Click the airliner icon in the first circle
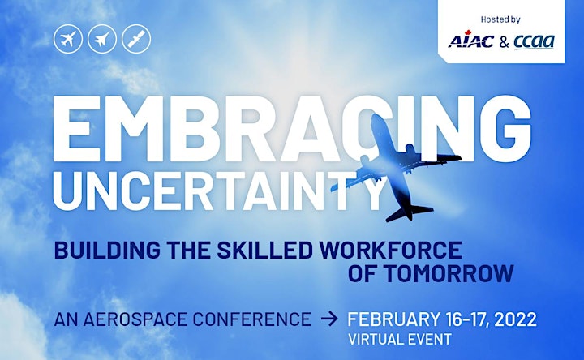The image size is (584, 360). (x=68, y=39)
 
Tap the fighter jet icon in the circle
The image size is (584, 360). (x=102, y=39)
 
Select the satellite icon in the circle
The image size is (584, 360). (x=136, y=39)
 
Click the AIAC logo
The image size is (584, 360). (x=471, y=41)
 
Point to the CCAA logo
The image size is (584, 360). (x=534, y=41)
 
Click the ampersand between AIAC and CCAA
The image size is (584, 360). (x=504, y=42)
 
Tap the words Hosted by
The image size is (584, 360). (x=500, y=19)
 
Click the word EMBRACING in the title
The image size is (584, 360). (x=292, y=128)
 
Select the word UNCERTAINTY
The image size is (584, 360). (x=219, y=191)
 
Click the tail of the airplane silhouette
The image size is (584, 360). (x=408, y=212)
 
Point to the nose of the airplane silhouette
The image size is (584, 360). (x=376, y=118)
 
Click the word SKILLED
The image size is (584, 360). (x=264, y=250)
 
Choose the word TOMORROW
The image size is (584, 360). (x=449, y=273)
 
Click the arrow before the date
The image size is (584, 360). (x=329, y=319)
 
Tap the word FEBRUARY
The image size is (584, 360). (x=393, y=319)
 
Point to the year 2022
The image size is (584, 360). (x=516, y=319)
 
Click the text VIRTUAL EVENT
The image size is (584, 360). (x=400, y=340)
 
